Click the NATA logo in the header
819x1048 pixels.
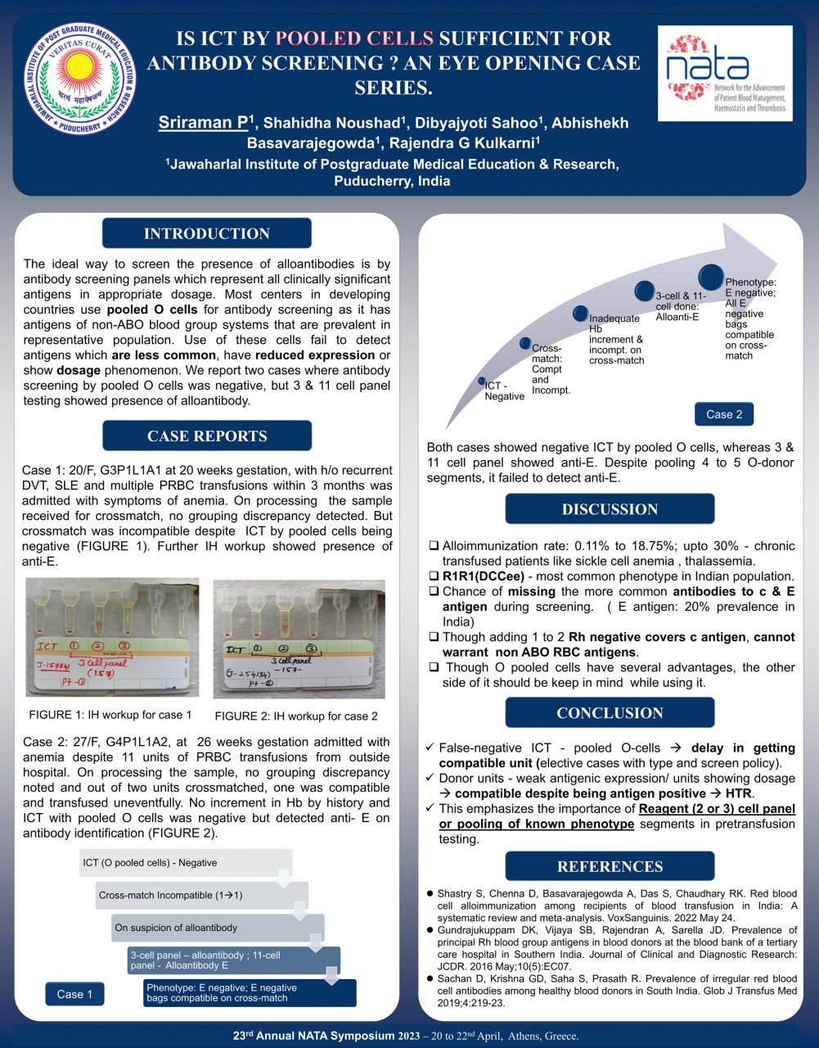(725, 73)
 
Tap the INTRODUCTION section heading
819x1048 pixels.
(206, 233)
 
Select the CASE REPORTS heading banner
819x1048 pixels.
(206, 436)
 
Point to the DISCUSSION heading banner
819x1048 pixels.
(610, 508)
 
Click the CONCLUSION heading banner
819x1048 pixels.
(610, 712)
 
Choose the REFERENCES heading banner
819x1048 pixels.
(610, 866)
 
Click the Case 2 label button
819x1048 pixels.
(724, 414)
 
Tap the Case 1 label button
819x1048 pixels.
(74, 994)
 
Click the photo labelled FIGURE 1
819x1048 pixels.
(112, 638)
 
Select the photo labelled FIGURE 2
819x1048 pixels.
(299, 639)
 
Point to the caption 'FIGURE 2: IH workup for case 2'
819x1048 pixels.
(296, 716)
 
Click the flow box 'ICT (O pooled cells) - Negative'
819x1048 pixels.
(185, 863)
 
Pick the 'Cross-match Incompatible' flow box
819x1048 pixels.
(201, 895)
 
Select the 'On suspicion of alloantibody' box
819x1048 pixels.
(217, 928)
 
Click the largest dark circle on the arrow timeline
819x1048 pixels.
(711, 278)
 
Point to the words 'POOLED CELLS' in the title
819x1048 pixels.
(353, 38)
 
